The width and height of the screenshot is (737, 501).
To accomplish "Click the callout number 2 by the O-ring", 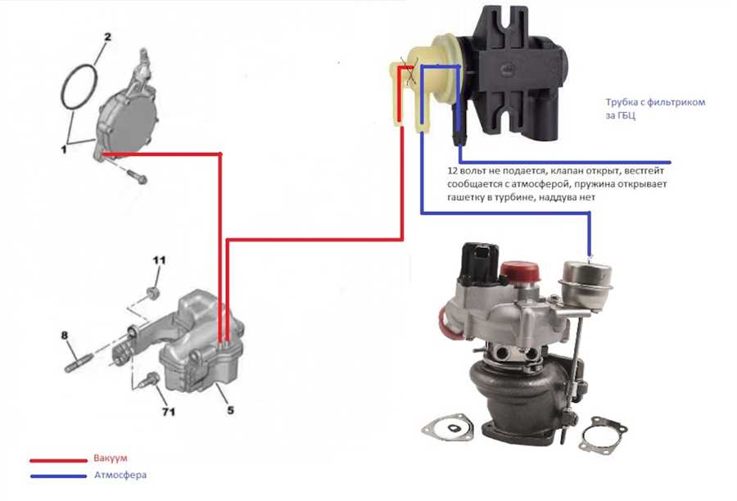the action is (107, 37).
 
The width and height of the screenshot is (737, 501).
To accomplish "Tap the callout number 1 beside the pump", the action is (63, 150).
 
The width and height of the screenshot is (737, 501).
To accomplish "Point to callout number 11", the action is (159, 260).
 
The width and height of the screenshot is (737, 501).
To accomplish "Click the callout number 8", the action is (65, 335).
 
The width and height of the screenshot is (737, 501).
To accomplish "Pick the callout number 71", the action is (169, 412).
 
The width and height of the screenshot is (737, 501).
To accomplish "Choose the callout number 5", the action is (230, 410).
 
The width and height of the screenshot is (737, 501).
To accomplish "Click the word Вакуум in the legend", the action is (111, 458).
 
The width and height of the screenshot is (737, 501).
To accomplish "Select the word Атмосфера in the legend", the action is (120, 475).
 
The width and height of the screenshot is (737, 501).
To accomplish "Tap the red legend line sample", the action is (58, 461).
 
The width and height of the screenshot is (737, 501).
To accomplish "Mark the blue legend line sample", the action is (58, 476).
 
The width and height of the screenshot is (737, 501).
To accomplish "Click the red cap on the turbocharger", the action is (519, 272).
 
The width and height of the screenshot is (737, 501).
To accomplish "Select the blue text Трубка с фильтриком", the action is (655, 102).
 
